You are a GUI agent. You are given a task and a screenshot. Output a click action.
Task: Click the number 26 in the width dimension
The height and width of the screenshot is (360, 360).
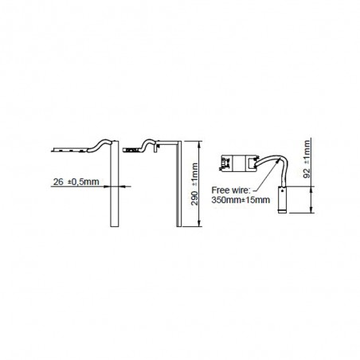(58, 182)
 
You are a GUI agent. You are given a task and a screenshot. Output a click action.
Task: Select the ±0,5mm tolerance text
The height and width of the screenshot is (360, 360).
(84, 182)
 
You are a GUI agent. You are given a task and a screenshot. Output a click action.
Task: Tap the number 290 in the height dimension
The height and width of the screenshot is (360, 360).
(194, 198)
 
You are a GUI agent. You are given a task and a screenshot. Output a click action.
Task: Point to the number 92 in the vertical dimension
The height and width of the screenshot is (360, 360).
(307, 173)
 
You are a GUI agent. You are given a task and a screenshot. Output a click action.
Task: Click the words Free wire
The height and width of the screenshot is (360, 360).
(231, 190)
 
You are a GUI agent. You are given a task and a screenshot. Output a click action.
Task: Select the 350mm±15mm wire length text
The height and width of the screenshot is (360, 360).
(241, 200)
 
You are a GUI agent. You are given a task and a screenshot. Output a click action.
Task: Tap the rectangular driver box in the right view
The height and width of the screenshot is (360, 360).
(239, 162)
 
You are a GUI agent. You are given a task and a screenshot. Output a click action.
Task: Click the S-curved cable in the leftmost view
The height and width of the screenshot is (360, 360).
(100, 146)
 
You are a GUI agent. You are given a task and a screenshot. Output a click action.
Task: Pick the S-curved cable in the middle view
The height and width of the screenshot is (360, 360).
(148, 146)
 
